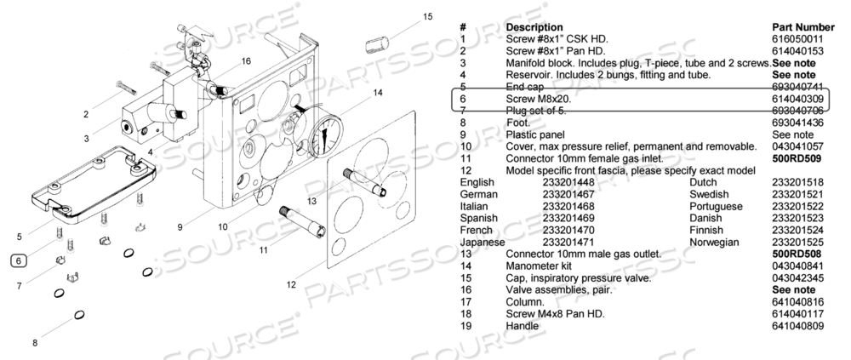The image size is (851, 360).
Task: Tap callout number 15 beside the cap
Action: [427, 16]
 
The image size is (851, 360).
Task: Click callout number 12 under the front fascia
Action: [291, 285]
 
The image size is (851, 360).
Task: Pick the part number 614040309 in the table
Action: [799, 99]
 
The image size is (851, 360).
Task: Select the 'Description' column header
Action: [534, 27]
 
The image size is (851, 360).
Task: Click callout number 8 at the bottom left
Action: [35, 343]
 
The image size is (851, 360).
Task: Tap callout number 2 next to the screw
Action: [86, 114]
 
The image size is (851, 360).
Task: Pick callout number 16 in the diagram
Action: [247, 61]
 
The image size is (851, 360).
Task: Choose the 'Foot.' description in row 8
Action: [518, 123]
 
